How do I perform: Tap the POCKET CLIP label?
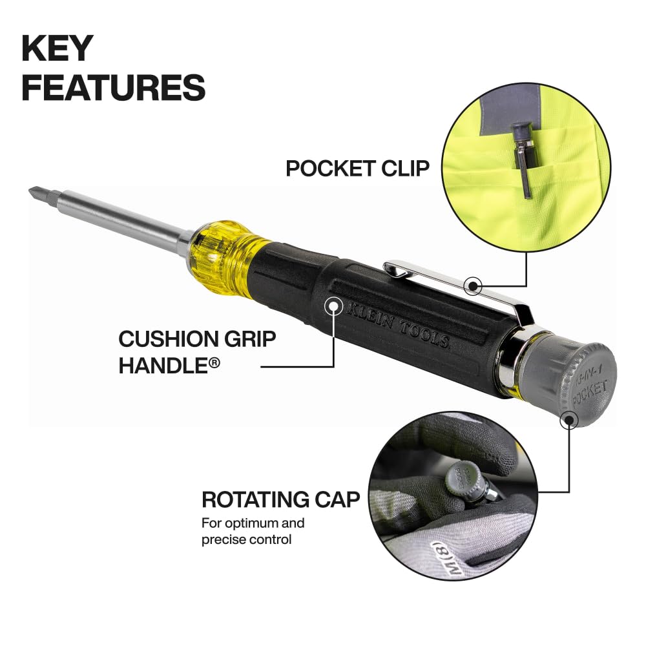point(357,168)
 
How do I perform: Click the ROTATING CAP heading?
point(280,499)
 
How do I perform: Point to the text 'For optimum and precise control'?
point(253,530)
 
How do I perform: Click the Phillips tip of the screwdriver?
point(36,193)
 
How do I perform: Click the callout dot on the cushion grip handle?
point(334,305)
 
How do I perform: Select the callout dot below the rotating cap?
point(568,421)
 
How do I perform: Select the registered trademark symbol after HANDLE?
point(214,364)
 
